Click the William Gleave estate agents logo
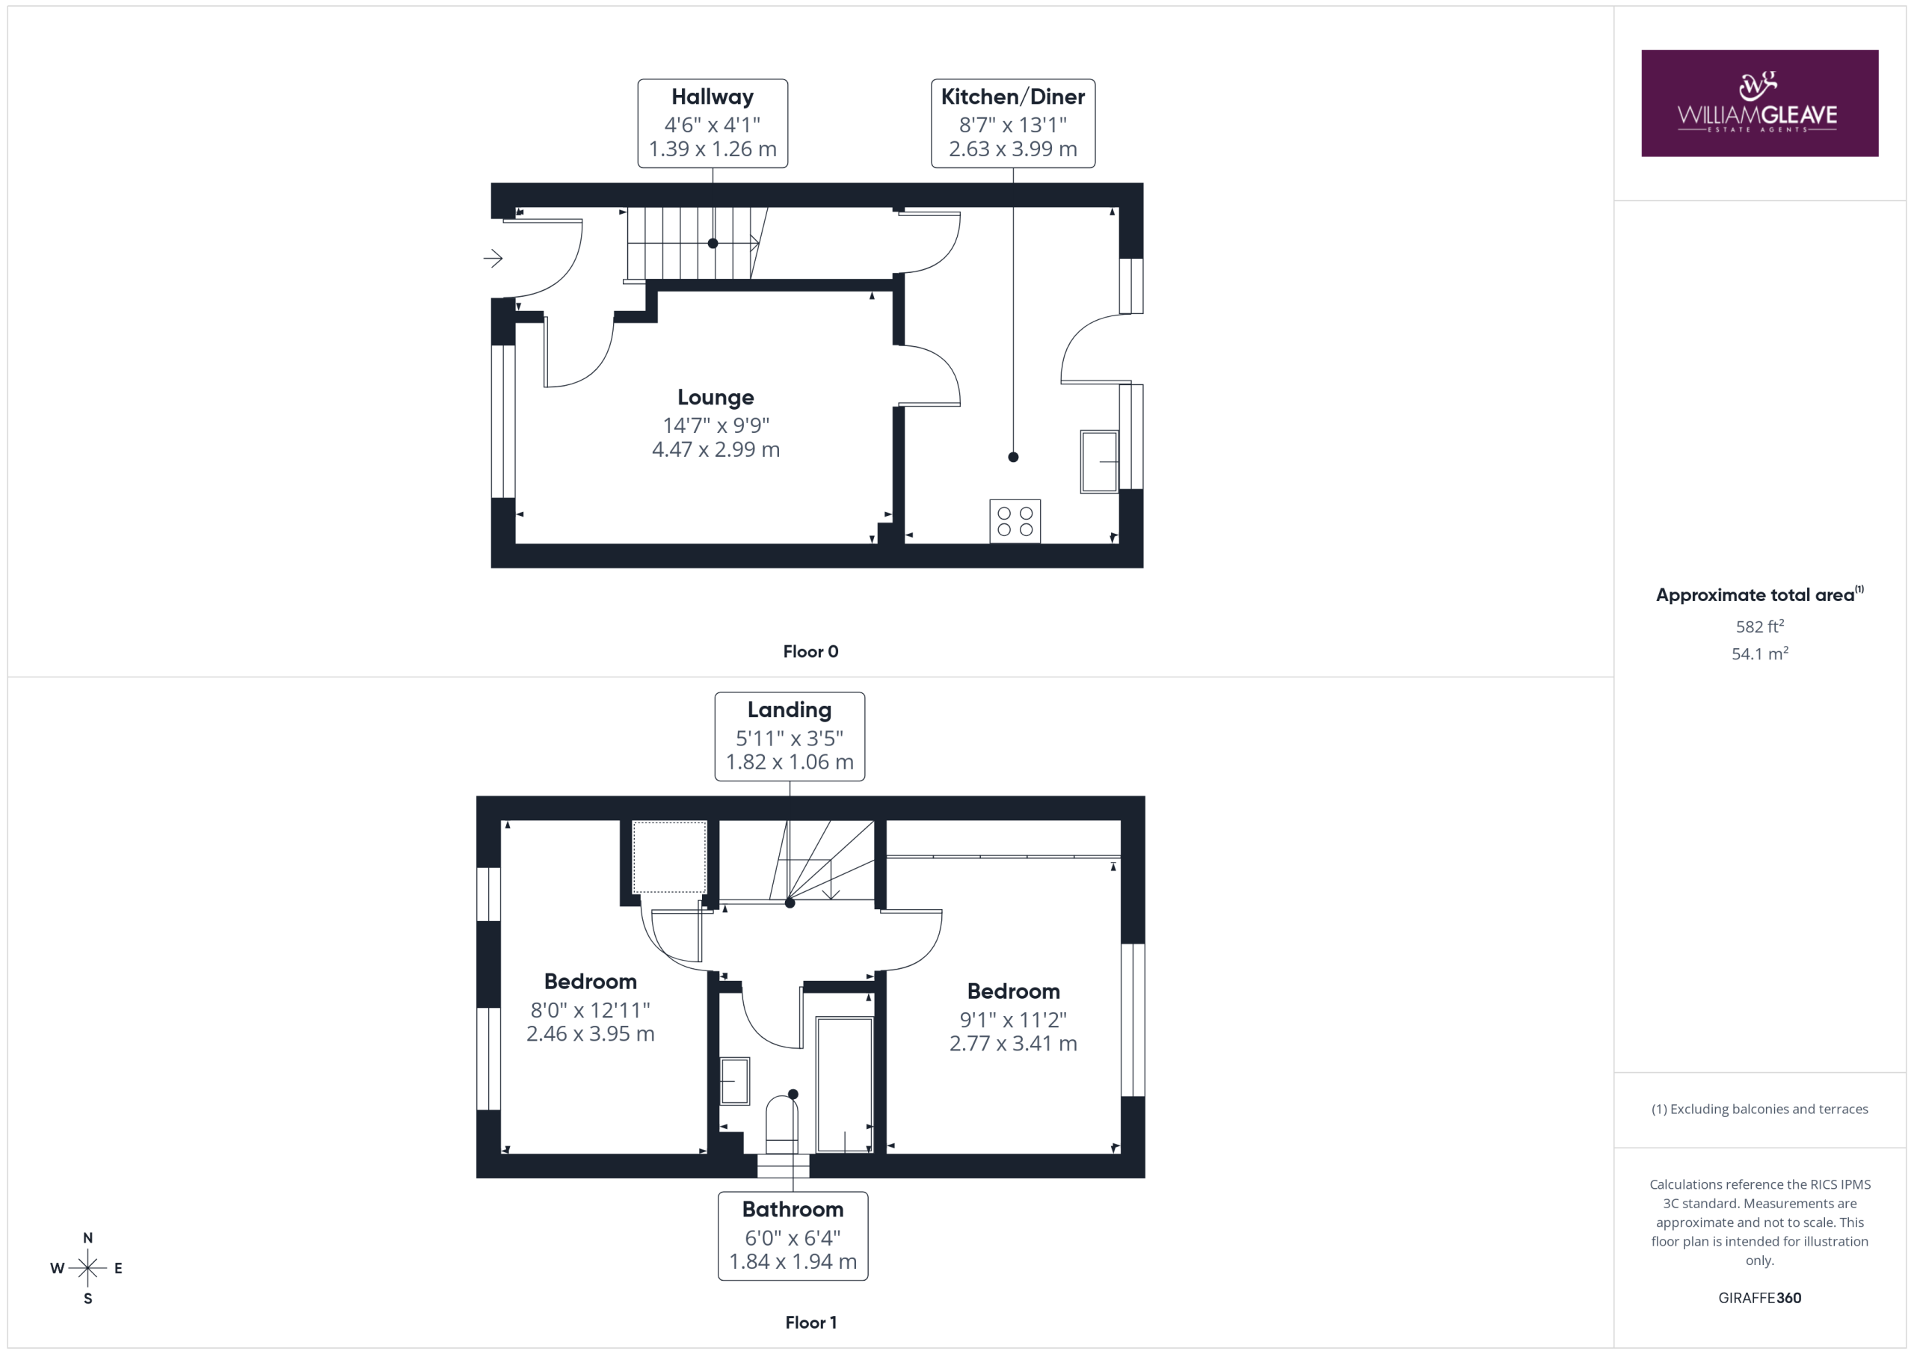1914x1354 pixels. (1759, 103)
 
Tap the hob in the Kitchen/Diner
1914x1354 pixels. (1015, 521)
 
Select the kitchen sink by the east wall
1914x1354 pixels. (1100, 461)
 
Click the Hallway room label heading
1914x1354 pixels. (713, 96)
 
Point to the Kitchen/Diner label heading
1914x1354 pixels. (1013, 96)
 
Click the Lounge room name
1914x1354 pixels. (716, 398)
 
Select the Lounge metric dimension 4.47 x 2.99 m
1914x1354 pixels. (716, 449)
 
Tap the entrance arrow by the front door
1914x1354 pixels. (493, 259)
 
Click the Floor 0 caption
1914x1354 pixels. (810, 652)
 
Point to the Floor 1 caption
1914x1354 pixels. (810, 1323)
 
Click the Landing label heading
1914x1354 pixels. (790, 710)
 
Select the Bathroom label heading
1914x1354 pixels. (793, 1209)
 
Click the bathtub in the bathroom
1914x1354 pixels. (844, 1085)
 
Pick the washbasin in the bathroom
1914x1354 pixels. (734, 1080)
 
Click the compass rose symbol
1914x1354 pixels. (87, 1268)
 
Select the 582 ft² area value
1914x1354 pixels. (1760, 626)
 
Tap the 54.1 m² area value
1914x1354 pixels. (1760, 653)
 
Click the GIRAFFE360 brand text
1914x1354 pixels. (1760, 1297)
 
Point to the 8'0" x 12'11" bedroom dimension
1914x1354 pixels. (590, 1011)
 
